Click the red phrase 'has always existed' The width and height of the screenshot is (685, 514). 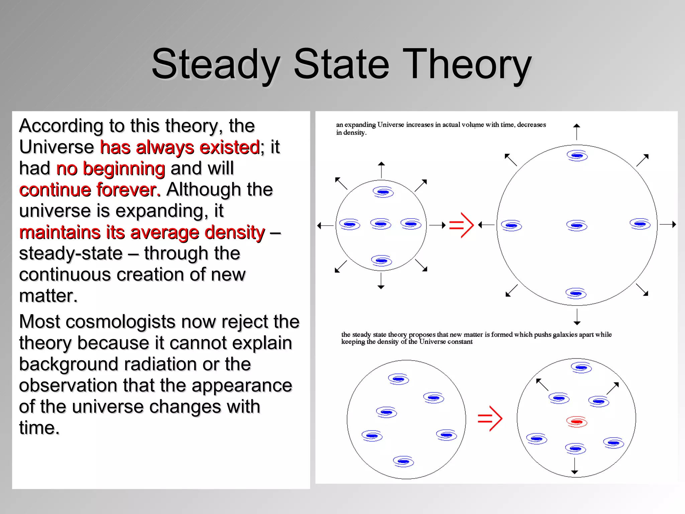coord(180,147)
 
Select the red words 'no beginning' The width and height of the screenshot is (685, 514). coord(110,168)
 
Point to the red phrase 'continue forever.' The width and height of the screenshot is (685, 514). coord(90,190)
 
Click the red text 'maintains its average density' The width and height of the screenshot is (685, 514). coord(142,232)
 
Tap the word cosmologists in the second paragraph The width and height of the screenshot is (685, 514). coord(120,322)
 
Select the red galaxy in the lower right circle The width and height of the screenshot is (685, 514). coord(577,421)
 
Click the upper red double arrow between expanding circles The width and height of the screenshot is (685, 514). coord(461,225)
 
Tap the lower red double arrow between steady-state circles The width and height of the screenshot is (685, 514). coord(490,418)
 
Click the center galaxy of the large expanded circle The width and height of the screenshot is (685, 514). coord(577,226)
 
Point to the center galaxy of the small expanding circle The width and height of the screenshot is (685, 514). coord(381,224)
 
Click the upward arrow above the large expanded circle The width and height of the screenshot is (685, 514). coord(576,131)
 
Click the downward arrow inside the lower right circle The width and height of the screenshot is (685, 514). coord(575,466)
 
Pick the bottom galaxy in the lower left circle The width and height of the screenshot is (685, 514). coord(403,461)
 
